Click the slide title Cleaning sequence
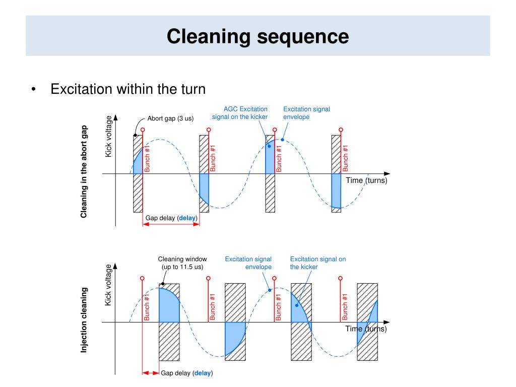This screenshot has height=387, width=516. point(257,36)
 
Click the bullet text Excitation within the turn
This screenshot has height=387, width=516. point(128,89)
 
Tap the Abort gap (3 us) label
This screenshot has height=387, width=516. point(170,118)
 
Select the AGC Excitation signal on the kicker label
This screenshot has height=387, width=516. point(239,113)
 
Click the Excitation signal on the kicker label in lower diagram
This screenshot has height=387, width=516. point(317,263)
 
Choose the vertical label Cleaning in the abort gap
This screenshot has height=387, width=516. point(84,171)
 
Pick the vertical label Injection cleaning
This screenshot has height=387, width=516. point(84,320)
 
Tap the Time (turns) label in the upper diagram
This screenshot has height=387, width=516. point(366,180)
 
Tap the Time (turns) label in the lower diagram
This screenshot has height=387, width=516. point(366,329)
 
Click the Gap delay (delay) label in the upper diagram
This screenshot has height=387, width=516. point(171,218)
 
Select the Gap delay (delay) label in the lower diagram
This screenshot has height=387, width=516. point(186,373)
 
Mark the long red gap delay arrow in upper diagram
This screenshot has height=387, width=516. point(171,224)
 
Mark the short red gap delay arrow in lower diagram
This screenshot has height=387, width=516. point(151,373)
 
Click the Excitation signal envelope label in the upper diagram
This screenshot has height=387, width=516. point(306,113)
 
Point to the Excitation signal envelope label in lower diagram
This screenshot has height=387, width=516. point(248,263)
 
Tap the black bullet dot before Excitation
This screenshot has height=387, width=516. point(34,90)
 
